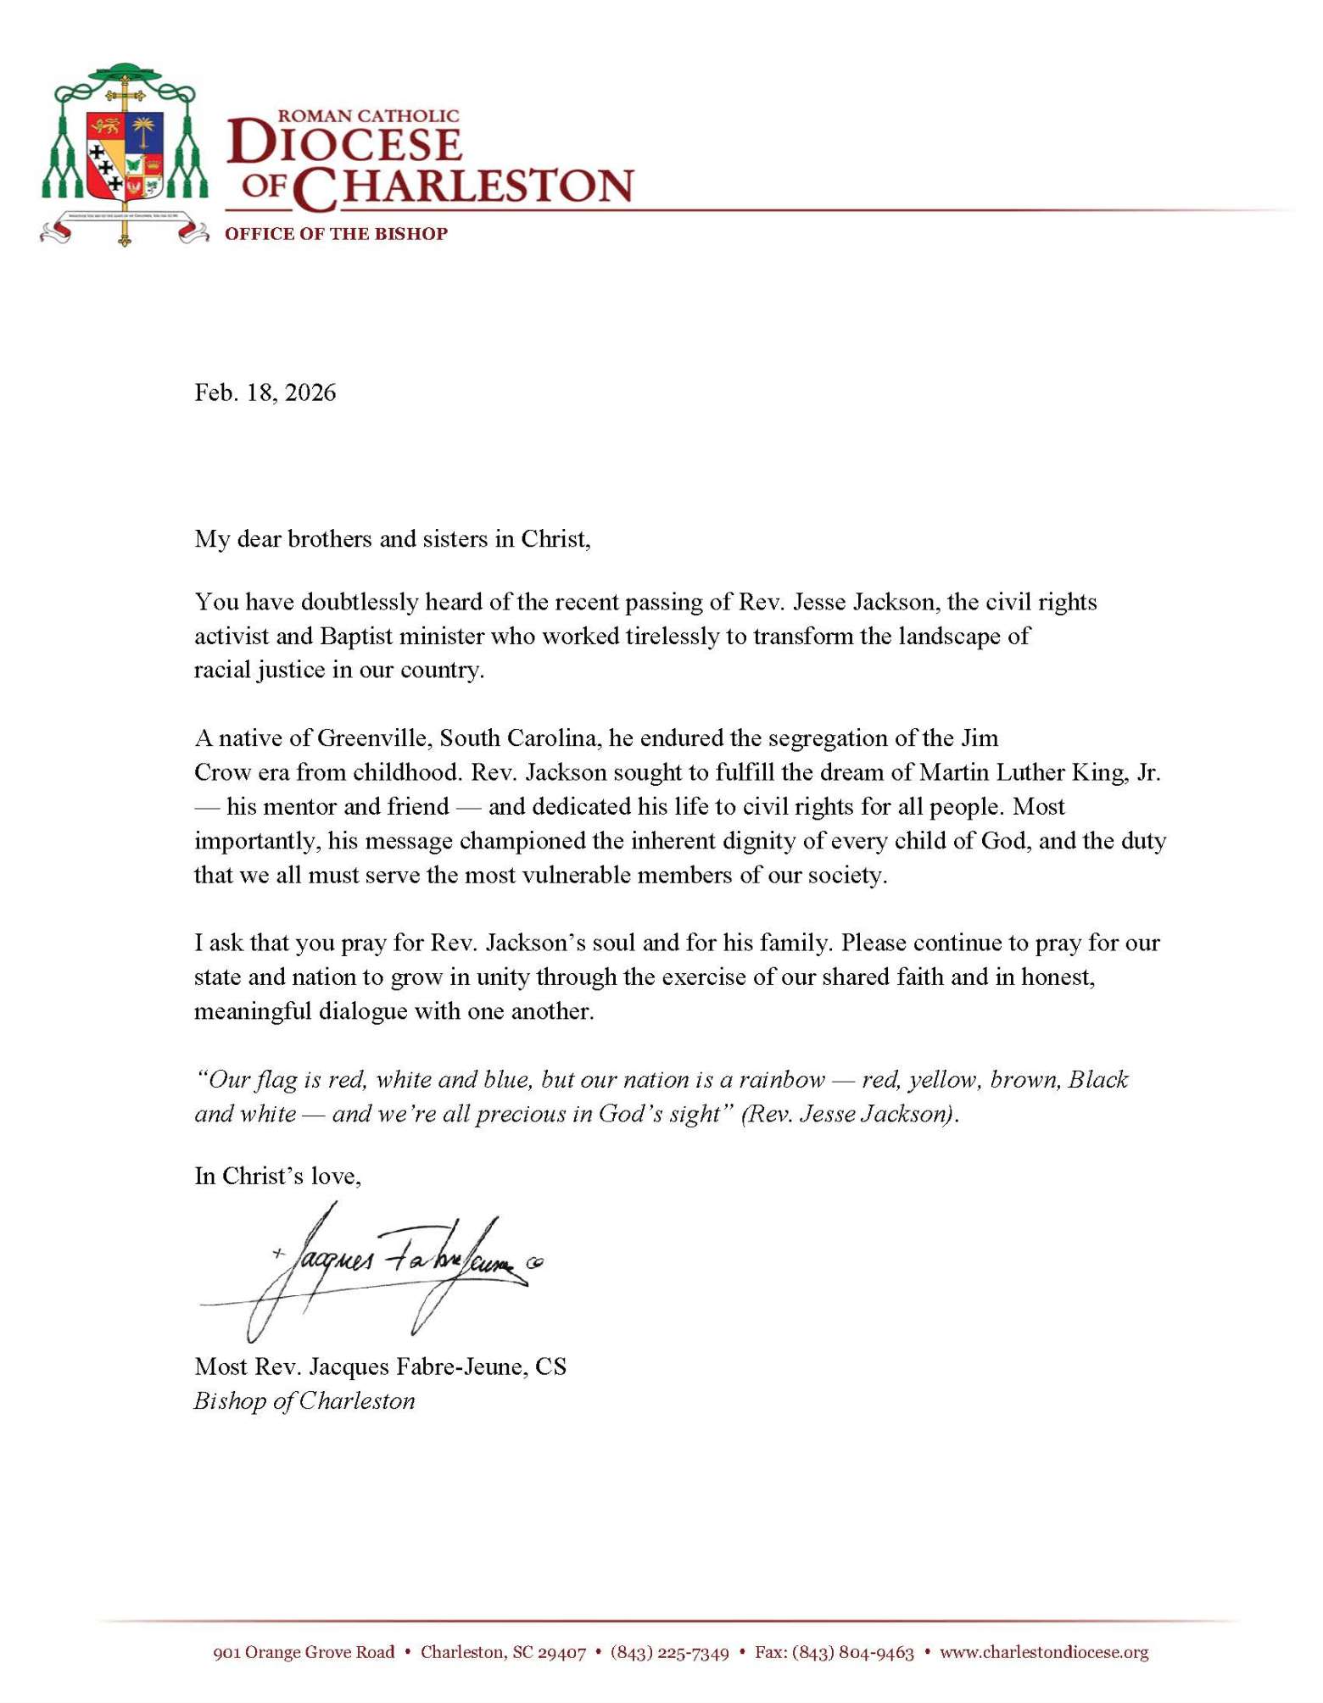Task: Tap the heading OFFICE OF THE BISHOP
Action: pos(336,234)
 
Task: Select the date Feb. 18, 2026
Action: pos(265,392)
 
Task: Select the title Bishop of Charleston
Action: pos(304,1400)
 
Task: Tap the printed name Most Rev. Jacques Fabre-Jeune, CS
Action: pos(380,1366)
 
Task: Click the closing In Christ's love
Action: pos(277,1176)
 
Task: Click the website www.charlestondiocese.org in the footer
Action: pos(1044,1651)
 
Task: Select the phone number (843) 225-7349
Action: pos(669,1651)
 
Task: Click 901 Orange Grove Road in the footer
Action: pos(304,1651)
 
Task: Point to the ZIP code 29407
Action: pos(561,1651)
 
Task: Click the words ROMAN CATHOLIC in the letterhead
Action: pos(368,115)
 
